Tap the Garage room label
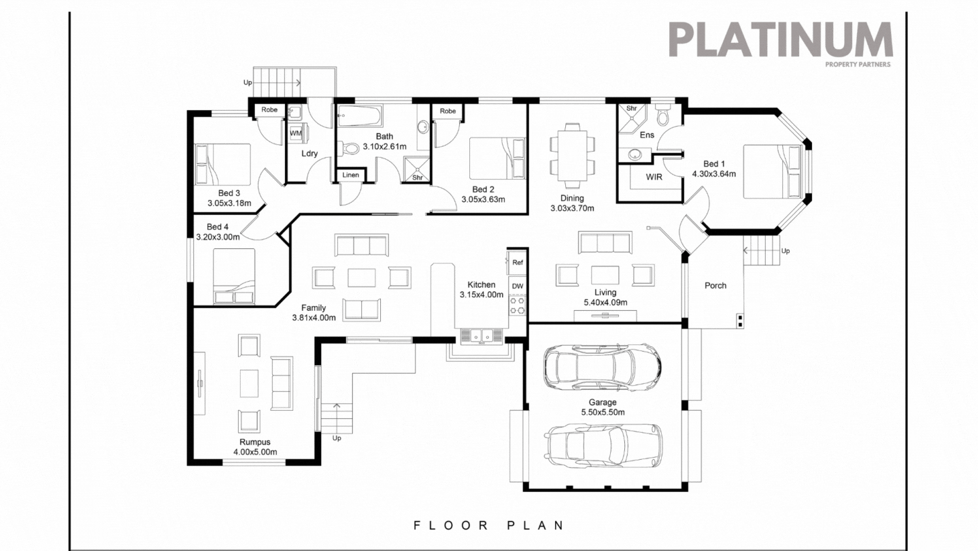pyautogui.click(x=603, y=403)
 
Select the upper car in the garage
pyautogui.click(x=601, y=367)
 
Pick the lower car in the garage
pyautogui.click(x=601, y=446)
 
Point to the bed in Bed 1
pyautogui.click(x=773, y=171)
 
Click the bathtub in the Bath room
pyautogui.click(x=360, y=116)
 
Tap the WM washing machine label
pyautogui.click(x=295, y=133)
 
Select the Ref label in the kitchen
pyautogui.click(x=517, y=263)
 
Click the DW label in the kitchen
pyautogui.click(x=517, y=286)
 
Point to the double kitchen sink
pyautogui.click(x=481, y=335)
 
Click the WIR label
pyautogui.click(x=654, y=177)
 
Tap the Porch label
pyautogui.click(x=715, y=286)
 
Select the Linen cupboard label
pyautogui.click(x=350, y=176)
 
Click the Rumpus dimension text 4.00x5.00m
pyautogui.click(x=256, y=452)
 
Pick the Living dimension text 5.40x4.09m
pyautogui.click(x=605, y=303)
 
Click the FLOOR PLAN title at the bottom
pyautogui.click(x=488, y=525)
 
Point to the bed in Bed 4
pyautogui.click(x=234, y=275)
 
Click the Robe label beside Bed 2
pyautogui.click(x=448, y=111)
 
